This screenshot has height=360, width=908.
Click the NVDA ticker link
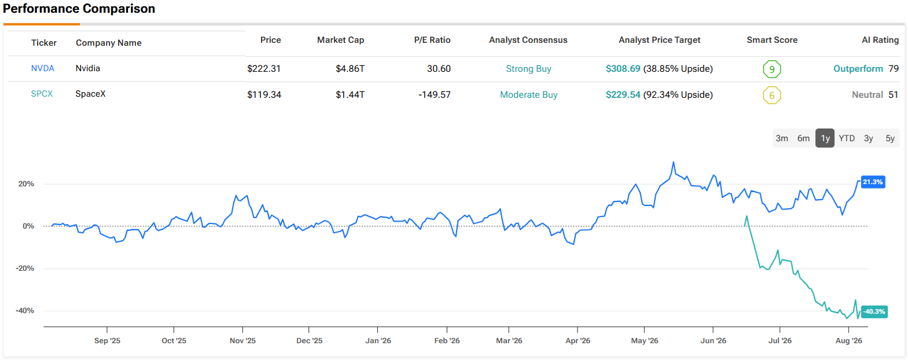(43, 68)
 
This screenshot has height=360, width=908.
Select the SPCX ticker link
(42, 94)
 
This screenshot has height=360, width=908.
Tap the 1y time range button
(825, 138)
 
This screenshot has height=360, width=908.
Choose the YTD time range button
(847, 138)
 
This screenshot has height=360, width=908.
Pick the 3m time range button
(781, 138)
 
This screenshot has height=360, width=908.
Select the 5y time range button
(889, 138)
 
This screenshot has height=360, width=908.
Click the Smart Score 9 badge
(772, 69)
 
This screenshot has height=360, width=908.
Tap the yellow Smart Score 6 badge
(772, 95)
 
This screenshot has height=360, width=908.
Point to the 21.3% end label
(873, 182)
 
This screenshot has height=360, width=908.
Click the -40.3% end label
(874, 312)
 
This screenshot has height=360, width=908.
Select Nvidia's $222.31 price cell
(264, 68)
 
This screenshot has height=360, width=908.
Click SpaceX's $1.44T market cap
(350, 94)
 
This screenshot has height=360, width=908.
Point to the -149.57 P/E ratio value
(435, 94)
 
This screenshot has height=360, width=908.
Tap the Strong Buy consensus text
(528, 68)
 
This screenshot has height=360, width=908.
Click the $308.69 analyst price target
(623, 68)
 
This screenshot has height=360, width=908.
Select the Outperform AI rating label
(858, 68)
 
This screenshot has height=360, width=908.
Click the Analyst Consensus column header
(528, 40)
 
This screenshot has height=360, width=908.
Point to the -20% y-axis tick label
(25, 269)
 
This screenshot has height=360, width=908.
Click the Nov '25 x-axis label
(242, 340)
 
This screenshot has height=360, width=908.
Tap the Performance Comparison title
(79, 9)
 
